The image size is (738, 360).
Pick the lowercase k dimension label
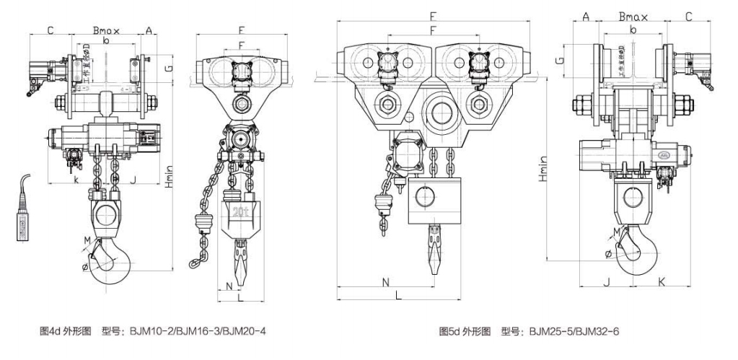tap(76, 180)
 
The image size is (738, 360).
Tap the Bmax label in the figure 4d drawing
tap(106, 30)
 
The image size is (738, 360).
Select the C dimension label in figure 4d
tap(50, 30)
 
